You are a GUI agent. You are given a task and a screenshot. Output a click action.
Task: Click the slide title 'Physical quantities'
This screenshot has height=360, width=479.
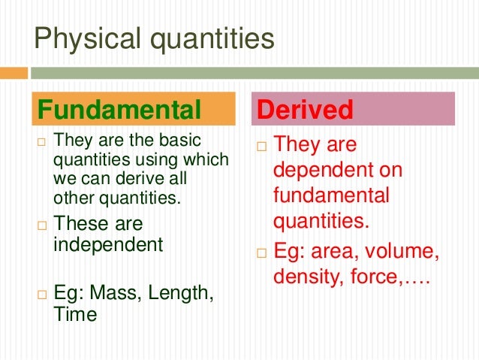tap(155, 38)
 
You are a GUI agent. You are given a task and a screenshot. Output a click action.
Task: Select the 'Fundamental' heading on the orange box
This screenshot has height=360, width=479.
tap(119, 110)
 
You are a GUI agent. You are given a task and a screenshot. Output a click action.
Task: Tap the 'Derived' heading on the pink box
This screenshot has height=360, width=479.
tap(305, 110)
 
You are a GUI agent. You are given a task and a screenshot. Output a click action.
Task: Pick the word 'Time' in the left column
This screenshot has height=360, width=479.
tap(75, 314)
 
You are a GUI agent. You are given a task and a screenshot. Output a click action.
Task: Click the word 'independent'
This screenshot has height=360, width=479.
tap(108, 244)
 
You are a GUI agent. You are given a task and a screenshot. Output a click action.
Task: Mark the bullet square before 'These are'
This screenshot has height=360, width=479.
tap(42, 225)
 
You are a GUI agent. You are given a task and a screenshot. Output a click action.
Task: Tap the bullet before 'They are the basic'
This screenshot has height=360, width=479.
tap(42, 141)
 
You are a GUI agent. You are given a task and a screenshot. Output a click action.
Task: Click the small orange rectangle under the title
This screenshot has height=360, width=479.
tap(14, 73)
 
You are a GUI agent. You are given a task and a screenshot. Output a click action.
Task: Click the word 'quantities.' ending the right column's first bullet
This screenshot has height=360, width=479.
tap(321, 221)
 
